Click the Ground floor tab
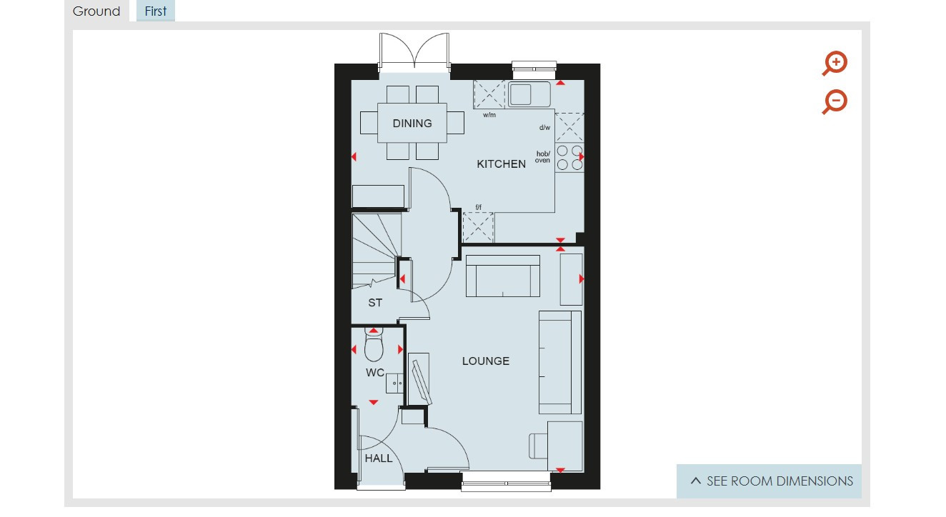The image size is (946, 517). click(x=96, y=11)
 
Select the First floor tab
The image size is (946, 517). click(x=156, y=11)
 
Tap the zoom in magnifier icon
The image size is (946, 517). click(x=835, y=64)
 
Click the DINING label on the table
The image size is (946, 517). click(x=412, y=124)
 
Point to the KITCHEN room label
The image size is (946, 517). click(x=502, y=164)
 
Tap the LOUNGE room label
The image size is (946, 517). click(x=486, y=361)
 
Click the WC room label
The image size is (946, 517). click(x=375, y=373)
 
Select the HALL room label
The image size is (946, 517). click(x=379, y=458)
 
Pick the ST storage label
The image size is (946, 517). click(x=375, y=303)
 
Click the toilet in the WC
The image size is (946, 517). click(x=374, y=344)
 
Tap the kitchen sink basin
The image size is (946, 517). click(x=529, y=94)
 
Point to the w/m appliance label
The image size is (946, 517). click(x=489, y=115)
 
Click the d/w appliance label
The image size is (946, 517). click(x=544, y=127)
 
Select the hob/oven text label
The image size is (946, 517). click(x=543, y=157)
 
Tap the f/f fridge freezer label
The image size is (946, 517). click(x=479, y=207)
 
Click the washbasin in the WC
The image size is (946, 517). click(x=395, y=383)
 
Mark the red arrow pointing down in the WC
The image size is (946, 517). click(x=374, y=402)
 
